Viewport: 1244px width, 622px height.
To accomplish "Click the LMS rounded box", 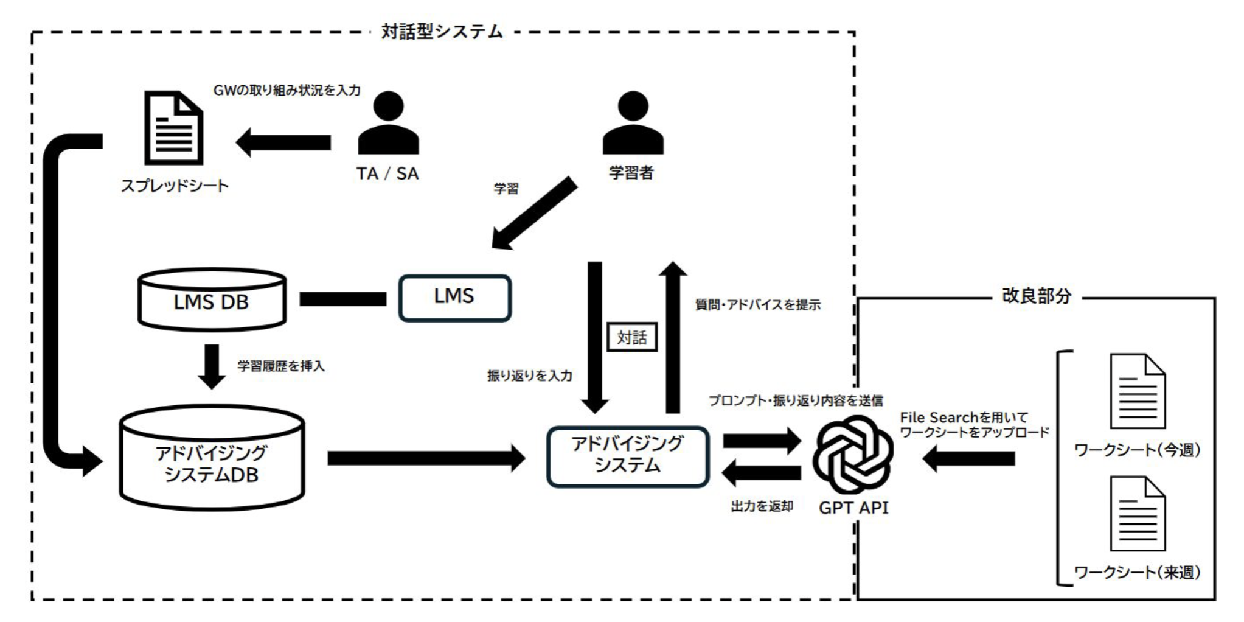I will point(454,298).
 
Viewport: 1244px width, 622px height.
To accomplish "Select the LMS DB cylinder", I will point(212,299).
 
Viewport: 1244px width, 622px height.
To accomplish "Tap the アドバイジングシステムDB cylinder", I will point(212,460).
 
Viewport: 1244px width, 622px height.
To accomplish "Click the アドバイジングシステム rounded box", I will point(627,456).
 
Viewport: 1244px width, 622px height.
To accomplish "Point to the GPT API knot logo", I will point(853,455).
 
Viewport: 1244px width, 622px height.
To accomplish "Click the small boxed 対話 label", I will point(632,337).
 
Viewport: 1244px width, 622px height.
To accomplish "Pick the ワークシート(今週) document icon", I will point(1137,392).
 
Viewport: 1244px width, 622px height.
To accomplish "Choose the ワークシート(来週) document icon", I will point(1137,514).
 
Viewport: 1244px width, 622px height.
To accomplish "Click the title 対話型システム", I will point(442,32).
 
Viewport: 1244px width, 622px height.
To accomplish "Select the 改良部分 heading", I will point(1036,296).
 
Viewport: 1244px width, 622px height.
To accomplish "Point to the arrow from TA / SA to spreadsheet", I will point(283,142).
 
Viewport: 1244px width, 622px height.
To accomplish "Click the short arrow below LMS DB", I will point(212,365).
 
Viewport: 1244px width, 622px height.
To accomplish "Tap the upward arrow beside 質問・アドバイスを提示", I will point(672,338).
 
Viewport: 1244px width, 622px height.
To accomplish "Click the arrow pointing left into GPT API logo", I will point(969,458).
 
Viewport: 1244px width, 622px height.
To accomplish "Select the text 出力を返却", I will point(762,506).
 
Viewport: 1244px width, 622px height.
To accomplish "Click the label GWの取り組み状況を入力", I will point(287,91).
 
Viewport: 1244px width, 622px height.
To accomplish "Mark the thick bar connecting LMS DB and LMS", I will point(342,299).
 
